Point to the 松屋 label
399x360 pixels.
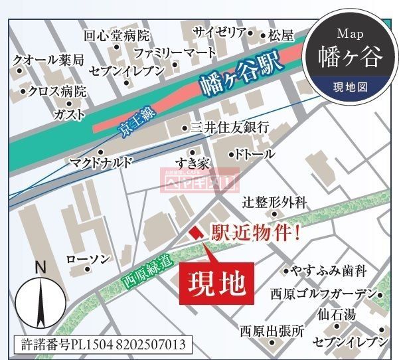[281, 35]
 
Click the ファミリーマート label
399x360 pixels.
[175, 51]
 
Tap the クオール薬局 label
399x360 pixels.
[48, 60]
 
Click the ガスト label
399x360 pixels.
[69, 114]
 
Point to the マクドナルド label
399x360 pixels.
[102, 162]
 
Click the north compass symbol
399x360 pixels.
[40, 298]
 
